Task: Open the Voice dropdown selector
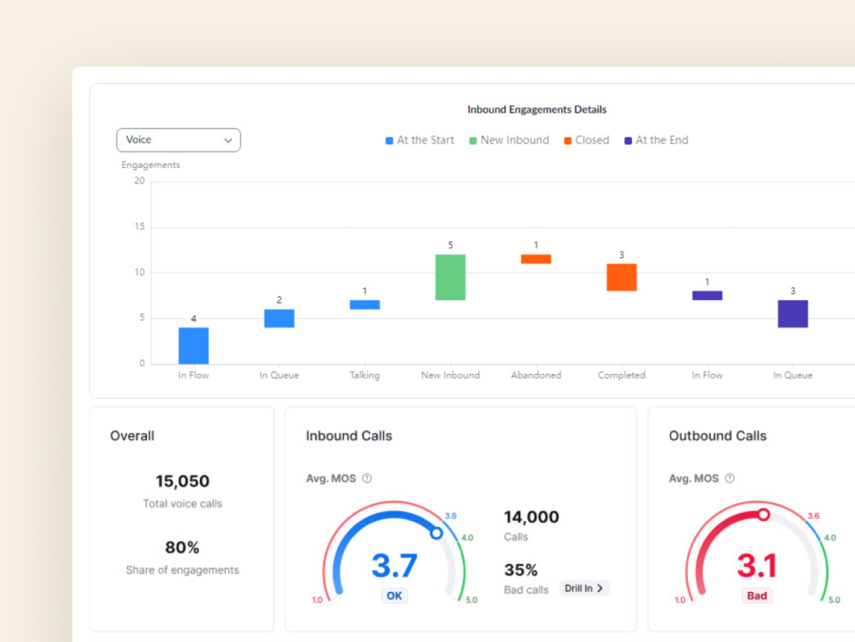(x=178, y=140)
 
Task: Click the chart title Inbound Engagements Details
(x=537, y=110)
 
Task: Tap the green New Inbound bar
(x=450, y=277)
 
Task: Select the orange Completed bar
(x=622, y=277)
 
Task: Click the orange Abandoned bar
(x=536, y=259)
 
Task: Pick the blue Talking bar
(x=365, y=305)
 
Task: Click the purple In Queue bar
(x=792, y=313)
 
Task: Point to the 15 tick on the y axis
(x=139, y=227)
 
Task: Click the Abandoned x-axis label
(x=536, y=376)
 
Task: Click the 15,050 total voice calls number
(x=182, y=481)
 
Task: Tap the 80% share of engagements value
(x=182, y=548)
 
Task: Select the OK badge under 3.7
(x=394, y=595)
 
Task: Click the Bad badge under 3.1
(x=756, y=595)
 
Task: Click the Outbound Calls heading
(x=718, y=436)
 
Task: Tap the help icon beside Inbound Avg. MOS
(x=367, y=478)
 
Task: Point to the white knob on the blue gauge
(x=437, y=533)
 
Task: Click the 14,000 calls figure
(x=532, y=517)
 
